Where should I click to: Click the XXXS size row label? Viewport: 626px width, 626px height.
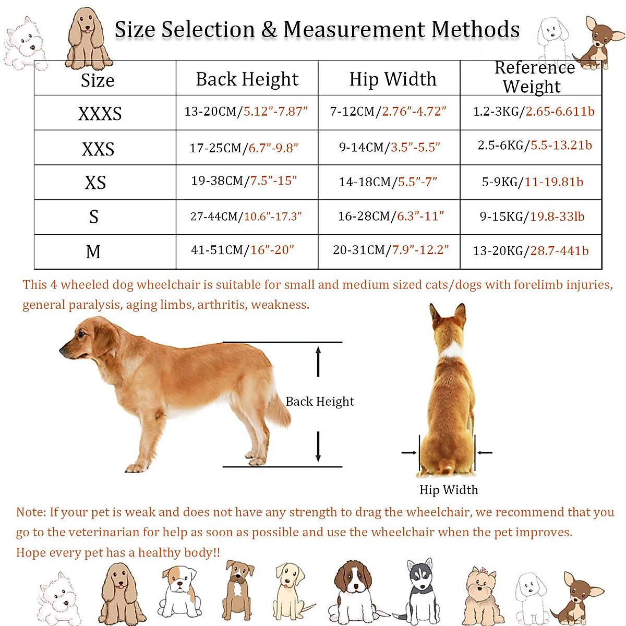[100, 113]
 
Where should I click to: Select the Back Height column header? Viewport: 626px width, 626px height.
[247, 79]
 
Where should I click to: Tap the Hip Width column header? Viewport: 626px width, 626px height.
[392, 79]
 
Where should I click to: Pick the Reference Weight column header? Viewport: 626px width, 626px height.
[533, 77]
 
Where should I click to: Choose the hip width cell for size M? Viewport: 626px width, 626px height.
[390, 250]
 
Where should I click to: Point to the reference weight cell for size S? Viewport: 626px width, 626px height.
[532, 216]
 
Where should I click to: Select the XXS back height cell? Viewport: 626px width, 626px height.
[244, 148]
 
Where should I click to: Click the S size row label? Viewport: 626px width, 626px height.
[94, 216]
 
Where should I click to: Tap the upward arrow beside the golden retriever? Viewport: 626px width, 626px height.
[318, 361]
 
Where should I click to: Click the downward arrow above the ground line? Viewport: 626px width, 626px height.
[318, 447]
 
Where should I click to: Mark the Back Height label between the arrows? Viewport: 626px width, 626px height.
[319, 401]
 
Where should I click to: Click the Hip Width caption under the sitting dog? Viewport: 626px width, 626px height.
[449, 490]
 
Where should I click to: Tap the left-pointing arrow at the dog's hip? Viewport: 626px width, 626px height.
[484, 452]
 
